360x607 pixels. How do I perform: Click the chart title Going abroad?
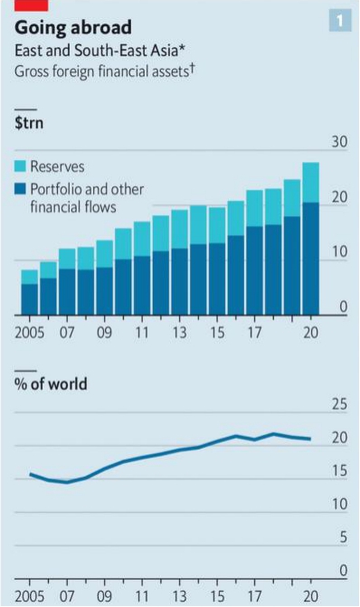(73, 28)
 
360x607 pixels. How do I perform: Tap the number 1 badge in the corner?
(340, 20)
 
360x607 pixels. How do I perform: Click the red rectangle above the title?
(32, 5)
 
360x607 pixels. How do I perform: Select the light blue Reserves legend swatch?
(20, 166)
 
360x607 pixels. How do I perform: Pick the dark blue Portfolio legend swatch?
(20, 189)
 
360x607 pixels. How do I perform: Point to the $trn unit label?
(29, 123)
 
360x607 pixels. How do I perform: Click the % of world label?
(51, 384)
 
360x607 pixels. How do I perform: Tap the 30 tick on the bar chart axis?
(339, 142)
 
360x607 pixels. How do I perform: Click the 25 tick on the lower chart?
(339, 404)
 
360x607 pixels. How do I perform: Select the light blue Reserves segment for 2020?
(310, 183)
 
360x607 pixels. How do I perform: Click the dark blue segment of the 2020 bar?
(310, 259)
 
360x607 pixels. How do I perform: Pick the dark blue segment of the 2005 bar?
(30, 299)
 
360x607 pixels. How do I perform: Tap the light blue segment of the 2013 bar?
(180, 229)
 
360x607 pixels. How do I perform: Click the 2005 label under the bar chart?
(30, 333)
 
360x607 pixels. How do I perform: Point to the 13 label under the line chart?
(180, 596)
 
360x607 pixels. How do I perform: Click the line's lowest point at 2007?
(67, 482)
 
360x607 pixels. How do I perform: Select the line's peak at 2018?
(274, 434)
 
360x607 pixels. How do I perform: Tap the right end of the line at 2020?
(310, 439)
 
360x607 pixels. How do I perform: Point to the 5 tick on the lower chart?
(344, 537)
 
